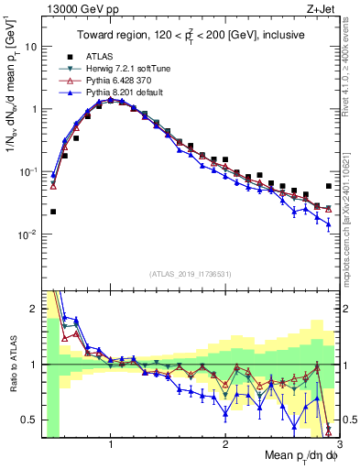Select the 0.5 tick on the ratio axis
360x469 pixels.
[28, 420]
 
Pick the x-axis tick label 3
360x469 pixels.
[338, 444]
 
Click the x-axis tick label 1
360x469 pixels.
[111, 444]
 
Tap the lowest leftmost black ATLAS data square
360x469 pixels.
[53, 212]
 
